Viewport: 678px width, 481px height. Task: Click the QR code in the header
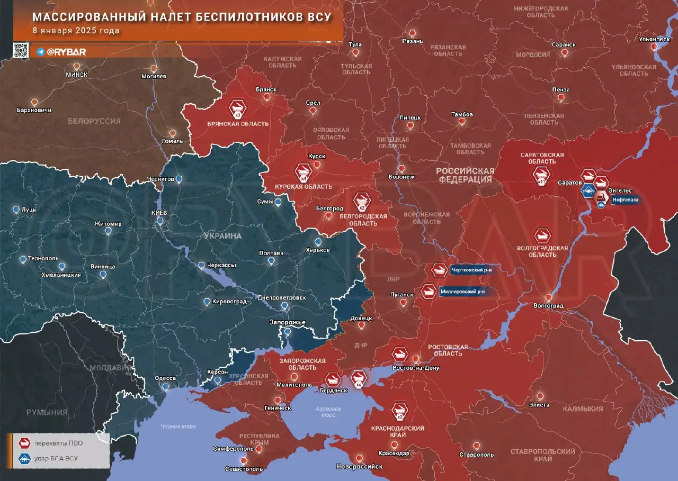point(21,50)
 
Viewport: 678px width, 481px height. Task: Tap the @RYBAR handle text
point(66,52)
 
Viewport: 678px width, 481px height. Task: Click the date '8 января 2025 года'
point(76,31)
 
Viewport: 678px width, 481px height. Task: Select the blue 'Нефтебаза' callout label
point(625,200)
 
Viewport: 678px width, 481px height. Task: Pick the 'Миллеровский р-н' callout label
point(462,291)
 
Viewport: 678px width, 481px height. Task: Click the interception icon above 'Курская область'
point(304,173)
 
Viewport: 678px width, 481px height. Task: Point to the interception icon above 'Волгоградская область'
point(542,235)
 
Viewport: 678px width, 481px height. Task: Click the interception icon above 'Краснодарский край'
point(399,411)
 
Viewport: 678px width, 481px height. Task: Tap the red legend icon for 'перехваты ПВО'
point(24,443)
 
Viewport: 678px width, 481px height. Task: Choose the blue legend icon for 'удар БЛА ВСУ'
point(24,458)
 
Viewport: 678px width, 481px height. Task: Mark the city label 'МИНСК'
point(77,75)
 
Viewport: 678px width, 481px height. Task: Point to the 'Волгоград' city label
point(548,306)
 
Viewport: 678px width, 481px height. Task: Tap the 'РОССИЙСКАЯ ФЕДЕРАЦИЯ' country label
point(465,175)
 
